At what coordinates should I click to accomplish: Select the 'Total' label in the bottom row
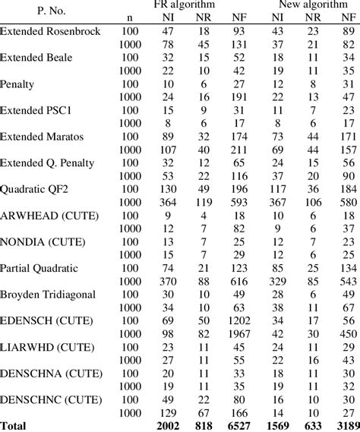point(15,424)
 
